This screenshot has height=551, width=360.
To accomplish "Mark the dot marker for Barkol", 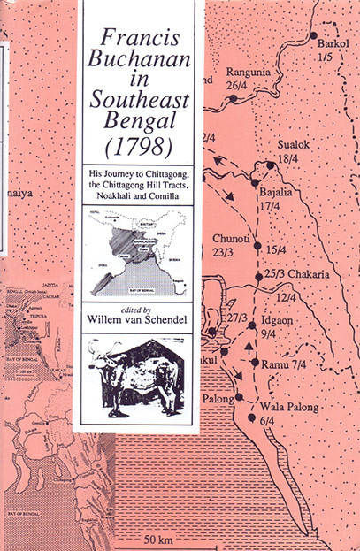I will tap(310, 36).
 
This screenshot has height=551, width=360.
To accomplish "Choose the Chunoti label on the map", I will tap(233, 238).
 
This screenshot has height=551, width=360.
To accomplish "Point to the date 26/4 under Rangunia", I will tap(236, 86).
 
